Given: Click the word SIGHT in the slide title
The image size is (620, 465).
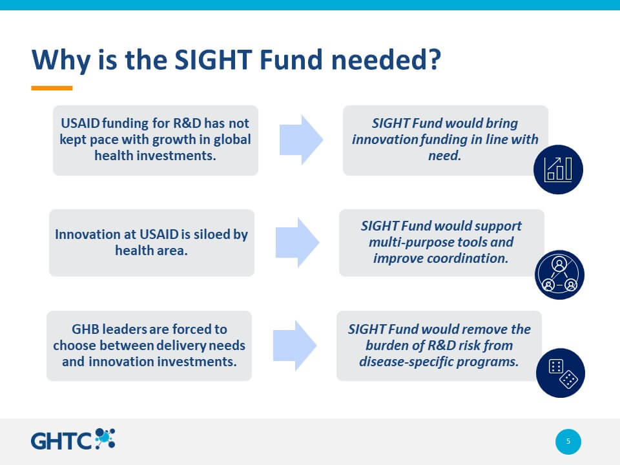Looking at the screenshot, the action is click(x=213, y=59).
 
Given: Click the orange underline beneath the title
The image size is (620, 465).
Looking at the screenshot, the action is click(x=52, y=88).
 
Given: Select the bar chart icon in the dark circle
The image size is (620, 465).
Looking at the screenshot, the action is click(x=558, y=169).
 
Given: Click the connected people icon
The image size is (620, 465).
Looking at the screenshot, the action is click(x=559, y=274).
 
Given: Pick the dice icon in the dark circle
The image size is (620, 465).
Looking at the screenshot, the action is click(x=561, y=373).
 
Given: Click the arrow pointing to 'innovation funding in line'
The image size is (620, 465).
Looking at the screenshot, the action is click(x=302, y=139).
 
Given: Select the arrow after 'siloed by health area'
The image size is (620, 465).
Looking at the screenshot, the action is click(x=297, y=242).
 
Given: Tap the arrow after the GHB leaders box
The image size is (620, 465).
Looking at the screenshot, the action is click(x=294, y=346).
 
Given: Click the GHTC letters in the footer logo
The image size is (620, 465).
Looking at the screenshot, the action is click(x=61, y=441).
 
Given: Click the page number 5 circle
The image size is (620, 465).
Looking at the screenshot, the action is click(x=568, y=441).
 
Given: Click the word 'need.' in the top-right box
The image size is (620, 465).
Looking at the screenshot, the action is click(x=445, y=156).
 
